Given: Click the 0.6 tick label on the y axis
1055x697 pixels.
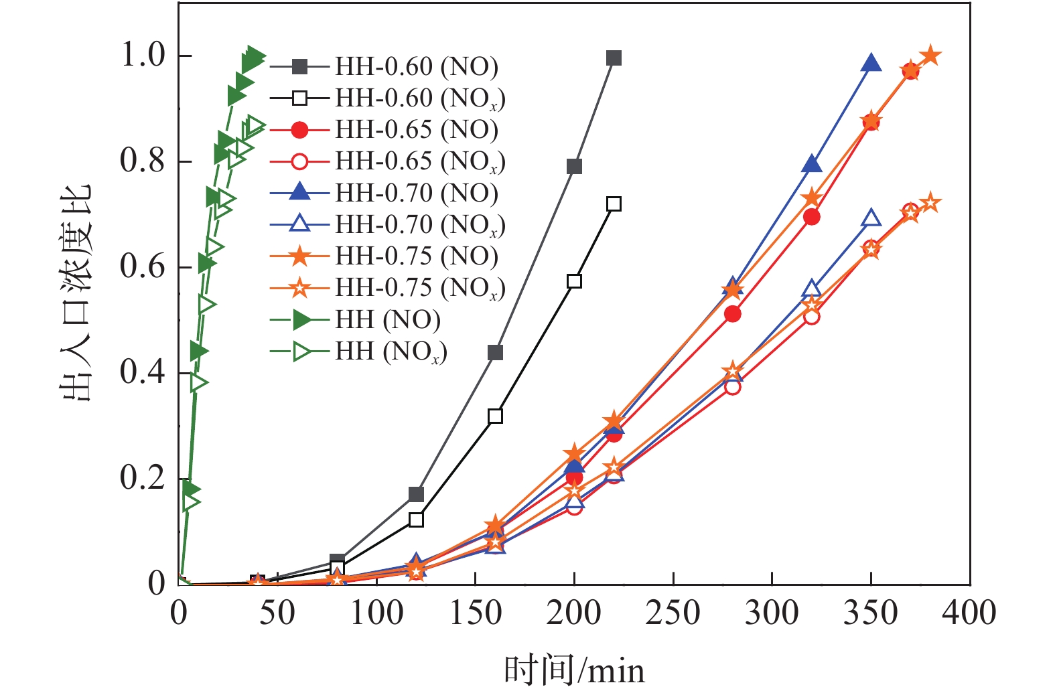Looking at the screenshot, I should click(x=142, y=267).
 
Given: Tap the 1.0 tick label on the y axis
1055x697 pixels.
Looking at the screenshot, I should click(x=142, y=56).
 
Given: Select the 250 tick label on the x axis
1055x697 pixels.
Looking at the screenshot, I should click(x=673, y=613).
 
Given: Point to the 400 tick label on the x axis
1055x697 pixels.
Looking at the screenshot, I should click(x=969, y=613).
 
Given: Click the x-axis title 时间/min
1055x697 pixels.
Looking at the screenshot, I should click(x=574, y=670).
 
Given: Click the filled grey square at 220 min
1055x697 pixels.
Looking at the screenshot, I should click(x=614, y=58).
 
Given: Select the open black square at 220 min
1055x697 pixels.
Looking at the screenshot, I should click(x=614, y=204).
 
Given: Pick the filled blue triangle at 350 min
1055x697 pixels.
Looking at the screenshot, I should click(x=871, y=64).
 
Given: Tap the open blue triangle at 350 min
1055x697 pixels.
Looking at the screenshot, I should click(x=871, y=218).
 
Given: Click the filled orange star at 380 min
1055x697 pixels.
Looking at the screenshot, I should click(x=930, y=56).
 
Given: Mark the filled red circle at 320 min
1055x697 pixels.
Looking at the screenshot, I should click(x=811, y=217).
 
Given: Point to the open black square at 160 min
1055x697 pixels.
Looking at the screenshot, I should click(x=495, y=416).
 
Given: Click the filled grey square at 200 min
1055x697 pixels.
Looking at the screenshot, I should click(x=574, y=167).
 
